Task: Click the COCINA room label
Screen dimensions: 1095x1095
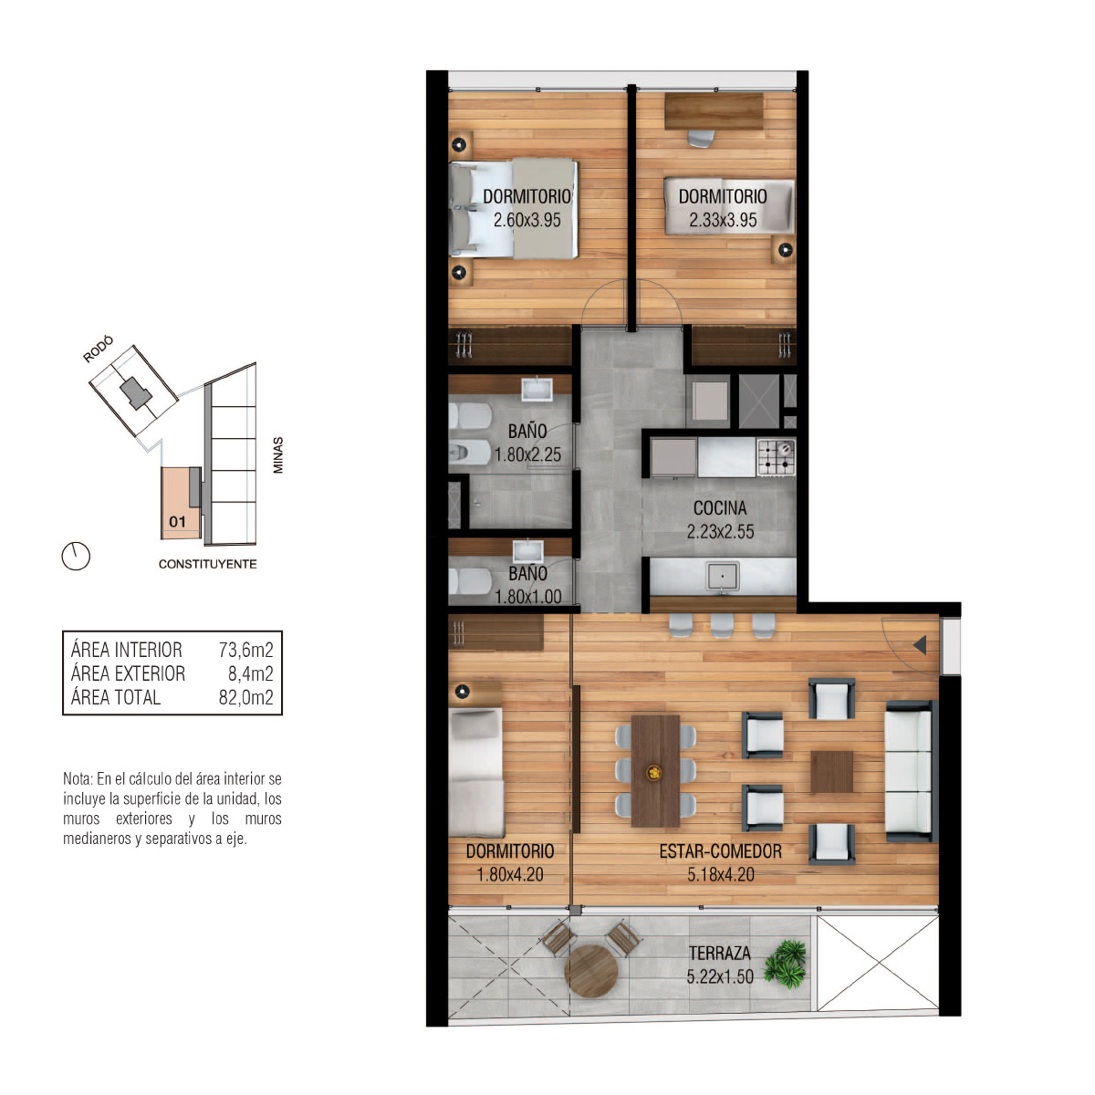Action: tap(719, 508)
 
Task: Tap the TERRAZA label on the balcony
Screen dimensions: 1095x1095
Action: tap(719, 953)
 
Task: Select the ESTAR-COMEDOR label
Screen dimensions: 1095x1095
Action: tap(720, 851)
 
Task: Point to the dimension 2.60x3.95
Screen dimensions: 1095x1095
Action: tap(527, 220)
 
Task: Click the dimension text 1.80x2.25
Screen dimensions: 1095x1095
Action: tap(527, 454)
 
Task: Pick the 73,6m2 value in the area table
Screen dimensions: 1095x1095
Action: tap(246, 650)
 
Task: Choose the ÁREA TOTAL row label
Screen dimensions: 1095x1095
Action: tap(116, 696)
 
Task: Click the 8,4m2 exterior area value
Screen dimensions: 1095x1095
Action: tap(251, 673)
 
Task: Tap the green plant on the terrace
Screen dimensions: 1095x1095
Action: tap(786, 964)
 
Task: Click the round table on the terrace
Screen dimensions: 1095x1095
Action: tap(591, 971)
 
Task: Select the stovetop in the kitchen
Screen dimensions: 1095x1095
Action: tap(776, 457)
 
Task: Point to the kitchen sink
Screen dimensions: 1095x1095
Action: tap(722, 576)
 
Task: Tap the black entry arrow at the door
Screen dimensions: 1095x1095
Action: tap(920, 645)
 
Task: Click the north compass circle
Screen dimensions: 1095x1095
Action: tap(76, 555)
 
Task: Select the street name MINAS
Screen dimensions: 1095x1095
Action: tap(278, 454)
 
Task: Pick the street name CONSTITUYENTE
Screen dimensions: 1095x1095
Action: tap(207, 564)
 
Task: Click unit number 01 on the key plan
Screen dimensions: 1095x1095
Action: tap(177, 522)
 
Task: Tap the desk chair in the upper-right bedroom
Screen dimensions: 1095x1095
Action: tap(700, 138)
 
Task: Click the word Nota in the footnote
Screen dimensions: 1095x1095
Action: tap(78, 778)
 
